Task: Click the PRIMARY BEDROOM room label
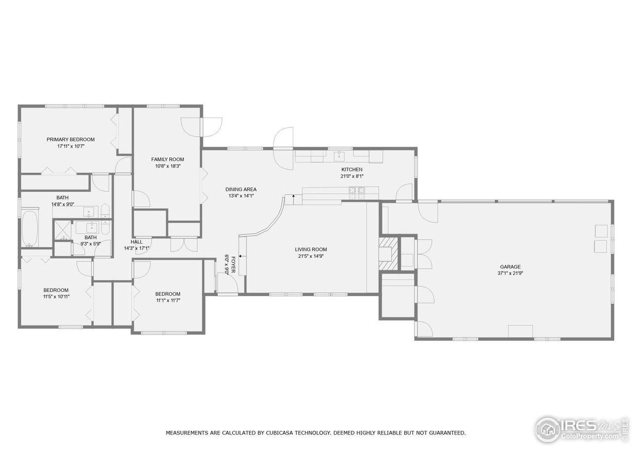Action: (x=71, y=139)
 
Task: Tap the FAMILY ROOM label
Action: (x=167, y=159)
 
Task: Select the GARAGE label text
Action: (x=510, y=267)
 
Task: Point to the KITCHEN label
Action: (x=352, y=169)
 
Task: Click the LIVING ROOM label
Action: (x=311, y=249)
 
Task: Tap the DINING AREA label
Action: (x=241, y=189)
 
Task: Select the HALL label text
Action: (x=137, y=241)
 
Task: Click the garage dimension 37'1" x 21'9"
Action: (x=510, y=273)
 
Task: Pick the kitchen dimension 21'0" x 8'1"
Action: (x=352, y=176)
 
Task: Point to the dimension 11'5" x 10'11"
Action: (x=56, y=296)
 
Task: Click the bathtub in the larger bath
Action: (x=31, y=229)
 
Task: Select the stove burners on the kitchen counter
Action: (x=357, y=190)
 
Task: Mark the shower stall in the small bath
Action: (x=63, y=230)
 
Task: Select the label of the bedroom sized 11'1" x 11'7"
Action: (x=168, y=294)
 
